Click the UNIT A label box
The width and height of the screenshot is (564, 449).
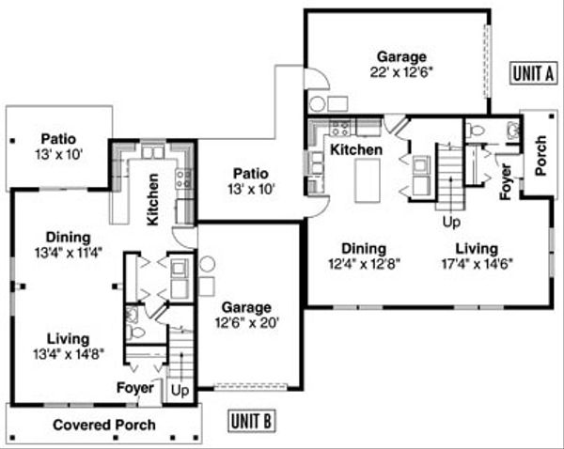click(x=532, y=72)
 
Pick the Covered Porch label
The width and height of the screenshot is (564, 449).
click(x=103, y=425)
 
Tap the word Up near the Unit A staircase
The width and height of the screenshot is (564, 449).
click(x=452, y=223)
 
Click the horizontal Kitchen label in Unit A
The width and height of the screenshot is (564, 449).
click(x=355, y=149)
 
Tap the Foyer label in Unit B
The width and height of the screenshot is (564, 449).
click(x=134, y=388)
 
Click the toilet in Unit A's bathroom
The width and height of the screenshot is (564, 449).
click(x=475, y=131)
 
